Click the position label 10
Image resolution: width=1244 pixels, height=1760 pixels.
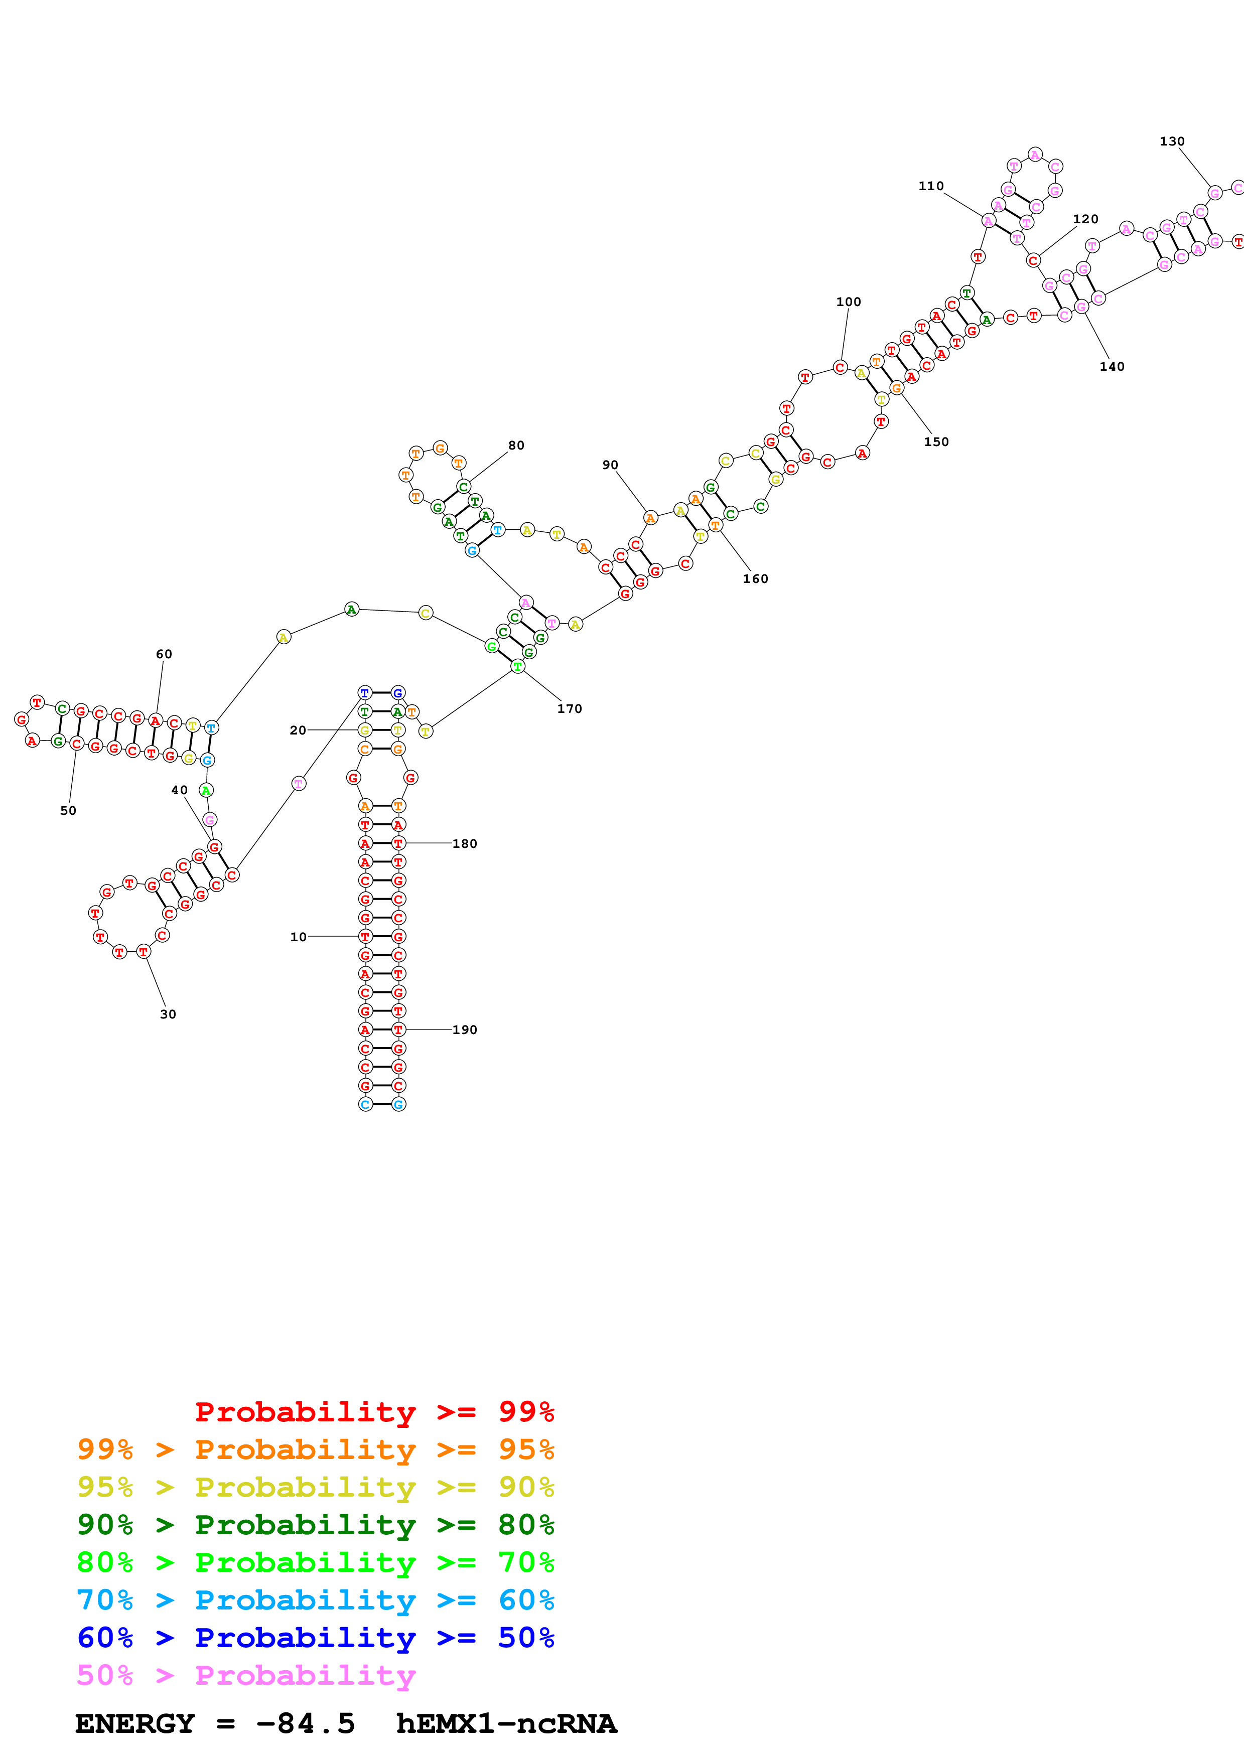click(x=298, y=937)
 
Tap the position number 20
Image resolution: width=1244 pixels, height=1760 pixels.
click(x=298, y=730)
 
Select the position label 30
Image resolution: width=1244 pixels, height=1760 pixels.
click(x=168, y=1014)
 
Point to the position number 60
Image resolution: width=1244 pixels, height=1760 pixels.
click(x=164, y=654)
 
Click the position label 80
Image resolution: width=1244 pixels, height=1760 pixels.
click(x=516, y=446)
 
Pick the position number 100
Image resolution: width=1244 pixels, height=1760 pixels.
click(x=849, y=302)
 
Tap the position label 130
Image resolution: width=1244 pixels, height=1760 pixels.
click(x=1172, y=142)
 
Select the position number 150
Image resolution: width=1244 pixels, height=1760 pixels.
click(x=936, y=443)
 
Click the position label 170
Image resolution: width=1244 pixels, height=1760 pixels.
click(x=570, y=709)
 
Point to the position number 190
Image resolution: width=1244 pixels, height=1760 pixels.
click(x=465, y=1030)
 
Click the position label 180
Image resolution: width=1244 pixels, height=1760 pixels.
click(x=465, y=844)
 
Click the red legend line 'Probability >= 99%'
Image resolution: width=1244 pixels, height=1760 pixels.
click(x=374, y=1411)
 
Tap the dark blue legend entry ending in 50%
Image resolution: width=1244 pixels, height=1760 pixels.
click(x=315, y=1638)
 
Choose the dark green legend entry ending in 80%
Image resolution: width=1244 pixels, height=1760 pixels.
click(x=315, y=1525)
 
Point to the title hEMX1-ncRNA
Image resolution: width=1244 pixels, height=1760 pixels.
click(x=506, y=1723)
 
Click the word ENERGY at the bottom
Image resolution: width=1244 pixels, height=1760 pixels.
click(x=135, y=1723)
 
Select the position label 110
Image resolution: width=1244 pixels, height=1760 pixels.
click(x=931, y=186)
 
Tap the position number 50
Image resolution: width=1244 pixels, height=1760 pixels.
click(x=68, y=811)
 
